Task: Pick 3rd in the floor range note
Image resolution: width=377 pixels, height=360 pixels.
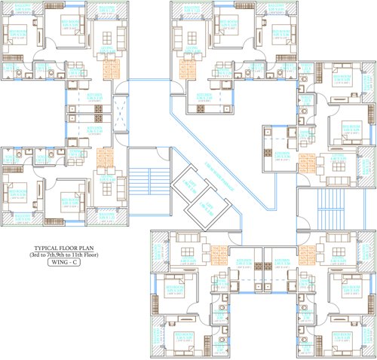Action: tap(37, 255)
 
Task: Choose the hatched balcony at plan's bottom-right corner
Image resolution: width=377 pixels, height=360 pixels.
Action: tap(363, 343)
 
